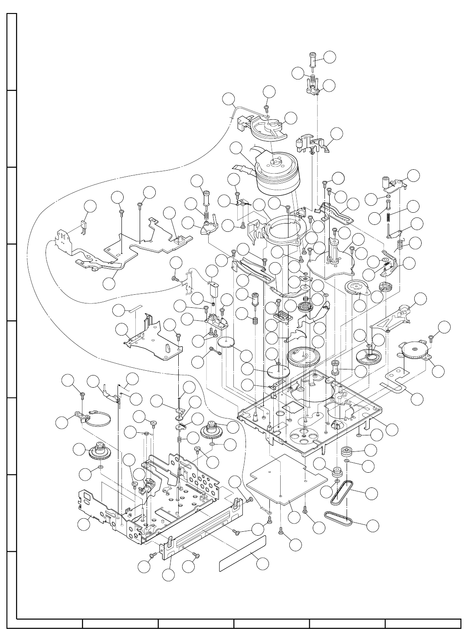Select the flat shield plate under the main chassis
[x=286, y=478]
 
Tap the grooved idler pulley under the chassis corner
[x=347, y=450]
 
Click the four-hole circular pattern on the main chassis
[x=303, y=434]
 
